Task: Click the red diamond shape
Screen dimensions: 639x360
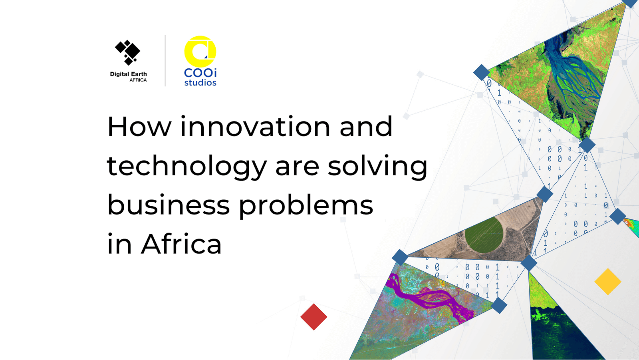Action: pos(314,317)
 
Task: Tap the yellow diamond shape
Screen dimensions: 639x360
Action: pos(608,282)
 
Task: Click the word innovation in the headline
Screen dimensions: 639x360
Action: pos(255,127)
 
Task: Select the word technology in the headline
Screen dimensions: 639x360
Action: pos(187,167)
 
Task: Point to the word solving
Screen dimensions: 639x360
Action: pos(377,167)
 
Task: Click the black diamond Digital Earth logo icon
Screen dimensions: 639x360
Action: pos(127,52)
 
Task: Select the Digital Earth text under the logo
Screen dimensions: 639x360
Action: pos(128,74)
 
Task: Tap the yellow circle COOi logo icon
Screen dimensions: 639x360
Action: pos(200,52)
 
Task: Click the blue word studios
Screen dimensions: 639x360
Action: pos(200,83)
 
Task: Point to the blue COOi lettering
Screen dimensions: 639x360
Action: pos(200,72)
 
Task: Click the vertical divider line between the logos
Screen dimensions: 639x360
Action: pos(165,60)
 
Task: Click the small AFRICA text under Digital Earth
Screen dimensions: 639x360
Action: pos(138,80)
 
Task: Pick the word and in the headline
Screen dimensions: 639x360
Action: pos(366,127)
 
